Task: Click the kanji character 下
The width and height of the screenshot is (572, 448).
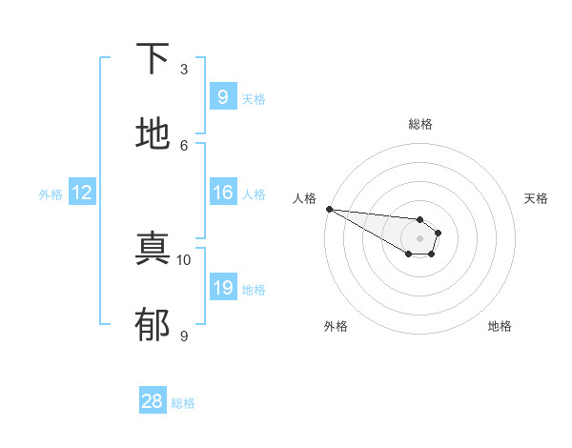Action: (153, 58)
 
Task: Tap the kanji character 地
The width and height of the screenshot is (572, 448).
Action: (153, 134)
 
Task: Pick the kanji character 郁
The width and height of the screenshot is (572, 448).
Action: (153, 325)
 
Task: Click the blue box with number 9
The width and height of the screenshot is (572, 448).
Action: (222, 96)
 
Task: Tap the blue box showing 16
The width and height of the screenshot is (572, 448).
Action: (222, 193)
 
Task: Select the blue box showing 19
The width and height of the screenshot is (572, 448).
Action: (222, 288)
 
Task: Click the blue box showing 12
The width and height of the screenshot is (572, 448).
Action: (82, 193)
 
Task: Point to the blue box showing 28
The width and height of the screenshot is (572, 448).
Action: (153, 401)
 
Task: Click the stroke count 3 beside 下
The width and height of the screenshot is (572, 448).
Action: (184, 70)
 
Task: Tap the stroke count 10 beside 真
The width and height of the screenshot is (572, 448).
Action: (184, 259)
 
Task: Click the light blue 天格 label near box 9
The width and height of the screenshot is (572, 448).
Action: (254, 98)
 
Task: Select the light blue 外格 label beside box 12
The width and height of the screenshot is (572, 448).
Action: (51, 194)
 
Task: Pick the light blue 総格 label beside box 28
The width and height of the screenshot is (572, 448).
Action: (183, 403)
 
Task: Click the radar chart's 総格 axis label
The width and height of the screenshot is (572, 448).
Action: (419, 124)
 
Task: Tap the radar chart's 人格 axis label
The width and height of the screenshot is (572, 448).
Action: (304, 198)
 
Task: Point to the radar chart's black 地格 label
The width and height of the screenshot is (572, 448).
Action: (500, 326)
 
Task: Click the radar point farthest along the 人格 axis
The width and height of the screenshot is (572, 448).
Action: (329, 209)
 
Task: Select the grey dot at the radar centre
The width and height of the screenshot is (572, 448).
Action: (419, 238)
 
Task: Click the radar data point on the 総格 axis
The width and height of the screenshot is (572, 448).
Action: (419, 220)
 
